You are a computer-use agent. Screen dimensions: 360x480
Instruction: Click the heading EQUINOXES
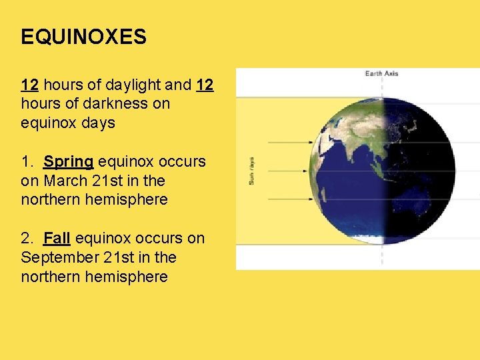point(83,37)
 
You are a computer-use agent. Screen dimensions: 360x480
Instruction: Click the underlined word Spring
point(69,161)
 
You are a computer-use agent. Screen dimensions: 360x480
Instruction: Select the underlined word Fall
point(57,238)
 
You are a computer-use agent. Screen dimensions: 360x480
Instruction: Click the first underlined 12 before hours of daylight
point(29,85)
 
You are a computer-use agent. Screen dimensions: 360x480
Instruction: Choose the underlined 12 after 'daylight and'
point(205,85)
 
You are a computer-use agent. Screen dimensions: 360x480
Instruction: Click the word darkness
point(122,104)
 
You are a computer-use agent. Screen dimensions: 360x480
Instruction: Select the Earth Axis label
point(381,73)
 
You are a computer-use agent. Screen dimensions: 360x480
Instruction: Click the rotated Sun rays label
point(251,171)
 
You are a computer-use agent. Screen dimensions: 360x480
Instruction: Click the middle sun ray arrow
point(287,171)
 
